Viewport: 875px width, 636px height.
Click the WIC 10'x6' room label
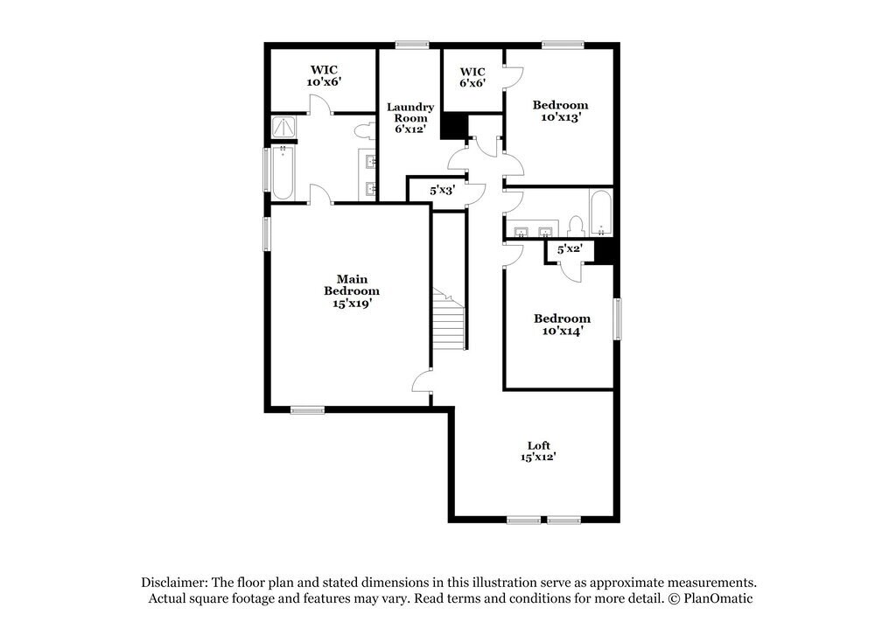click(x=323, y=75)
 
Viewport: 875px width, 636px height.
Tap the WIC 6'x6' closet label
click(x=472, y=77)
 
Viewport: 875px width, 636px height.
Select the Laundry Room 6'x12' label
click(x=410, y=118)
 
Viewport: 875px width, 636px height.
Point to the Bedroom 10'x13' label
click(x=561, y=110)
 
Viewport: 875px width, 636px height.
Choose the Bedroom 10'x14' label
click(x=562, y=325)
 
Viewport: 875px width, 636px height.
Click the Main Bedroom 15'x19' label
click(x=352, y=291)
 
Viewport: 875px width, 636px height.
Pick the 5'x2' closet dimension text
click(x=570, y=250)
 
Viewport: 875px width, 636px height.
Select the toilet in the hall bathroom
click(x=576, y=225)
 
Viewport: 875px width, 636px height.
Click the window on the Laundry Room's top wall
click(x=410, y=45)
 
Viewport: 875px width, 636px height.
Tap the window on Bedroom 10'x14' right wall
click(x=617, y=319)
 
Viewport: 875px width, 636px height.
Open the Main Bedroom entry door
click(x=422, y=381)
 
